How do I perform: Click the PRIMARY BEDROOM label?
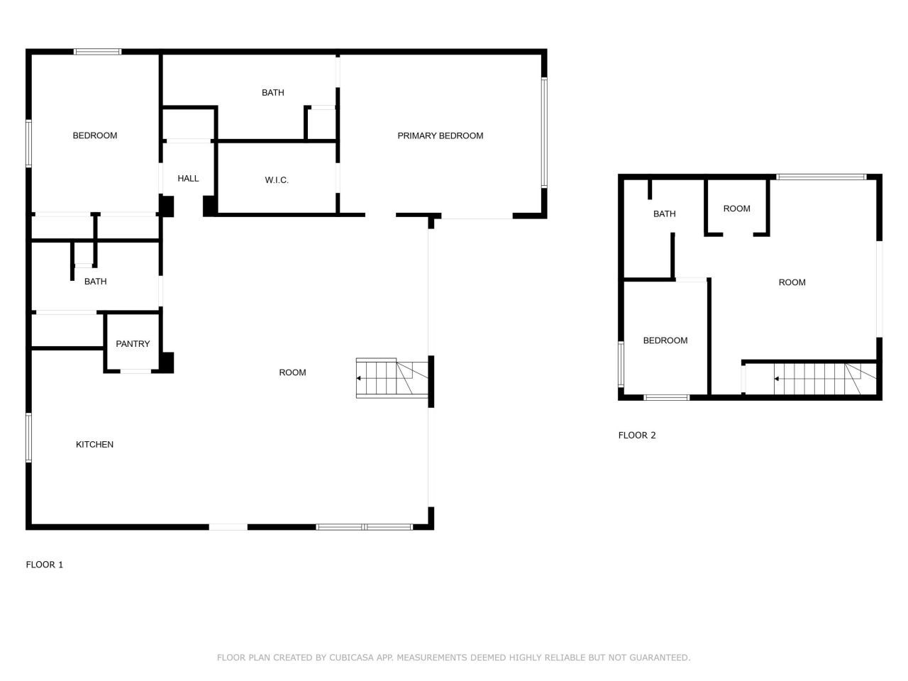click(440, 135)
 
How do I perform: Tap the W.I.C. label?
click(277, 180)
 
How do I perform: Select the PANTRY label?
click(133, 344)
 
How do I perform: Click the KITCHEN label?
click(94, 445)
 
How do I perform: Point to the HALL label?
click(188, 179)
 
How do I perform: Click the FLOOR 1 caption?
click(44, 565)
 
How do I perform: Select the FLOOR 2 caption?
click(636, 435)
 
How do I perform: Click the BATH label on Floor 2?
click(664, 214)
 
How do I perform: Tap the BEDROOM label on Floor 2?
click(665, 340)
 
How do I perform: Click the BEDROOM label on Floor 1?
click(94, 135)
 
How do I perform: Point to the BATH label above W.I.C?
click(272, 92)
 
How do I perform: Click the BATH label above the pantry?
click(95, 282)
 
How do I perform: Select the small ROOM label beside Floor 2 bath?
click(736, 209)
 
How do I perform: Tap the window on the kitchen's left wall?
click(29, 438)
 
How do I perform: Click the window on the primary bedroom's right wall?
click(544, 133)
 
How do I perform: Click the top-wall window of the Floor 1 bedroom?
click(98, 52)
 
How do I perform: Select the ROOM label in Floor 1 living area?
click(292, 372)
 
